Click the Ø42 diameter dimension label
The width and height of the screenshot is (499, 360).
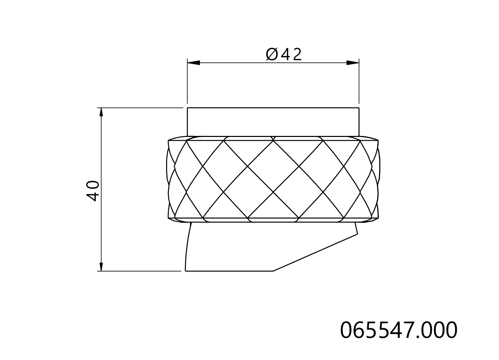(x=284, y=54)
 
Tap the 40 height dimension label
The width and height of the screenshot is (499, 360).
(x=93, y=191)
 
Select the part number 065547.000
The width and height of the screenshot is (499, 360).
(x=399, y=330)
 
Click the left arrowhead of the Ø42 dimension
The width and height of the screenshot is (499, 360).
(x=193, y=63)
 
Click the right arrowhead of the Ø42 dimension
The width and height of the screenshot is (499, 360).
(x=353, y=63)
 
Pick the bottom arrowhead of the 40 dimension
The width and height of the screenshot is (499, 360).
(x=101, y=267)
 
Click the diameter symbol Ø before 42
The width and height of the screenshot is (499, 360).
(x=272, y=55)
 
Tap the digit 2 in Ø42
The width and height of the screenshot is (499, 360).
(x=297, y=55)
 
